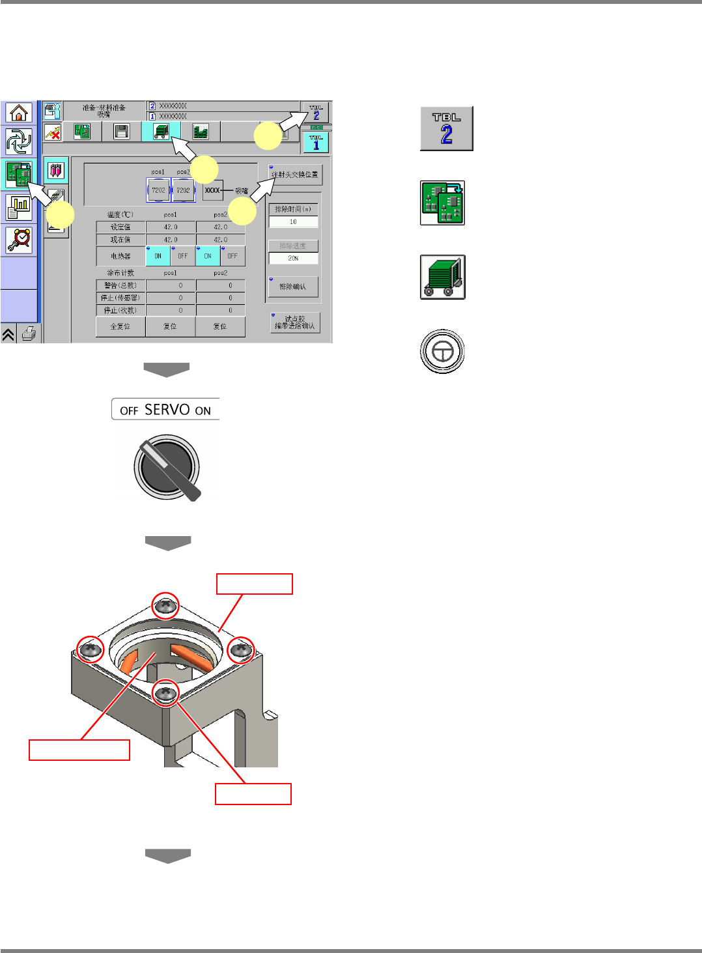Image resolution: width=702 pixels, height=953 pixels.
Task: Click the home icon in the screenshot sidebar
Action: pos(19,113)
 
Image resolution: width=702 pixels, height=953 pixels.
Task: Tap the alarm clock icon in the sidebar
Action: pos(19,240)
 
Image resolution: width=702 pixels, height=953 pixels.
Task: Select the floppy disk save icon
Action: pos(121,132)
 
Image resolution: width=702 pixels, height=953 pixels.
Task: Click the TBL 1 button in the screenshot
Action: pos(316,142)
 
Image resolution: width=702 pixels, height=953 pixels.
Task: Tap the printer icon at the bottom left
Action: pos(29,334)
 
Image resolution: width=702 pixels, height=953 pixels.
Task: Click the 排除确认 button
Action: pos(292,287)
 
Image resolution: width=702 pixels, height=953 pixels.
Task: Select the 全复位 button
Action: pos(120,326)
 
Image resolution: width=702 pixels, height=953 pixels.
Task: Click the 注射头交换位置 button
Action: pos(295,175)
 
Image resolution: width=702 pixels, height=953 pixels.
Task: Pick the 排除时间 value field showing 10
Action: pos(293,222)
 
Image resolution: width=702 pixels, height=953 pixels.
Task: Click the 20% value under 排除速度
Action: pos(293,258)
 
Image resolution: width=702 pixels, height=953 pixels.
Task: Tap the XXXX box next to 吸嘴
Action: pos(212,190)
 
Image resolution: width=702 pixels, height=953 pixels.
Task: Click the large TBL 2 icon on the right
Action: pos(446,129)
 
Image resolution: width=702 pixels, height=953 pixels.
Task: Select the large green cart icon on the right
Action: pos(443,277)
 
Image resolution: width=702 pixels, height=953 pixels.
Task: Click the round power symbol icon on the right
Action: pos(442,352)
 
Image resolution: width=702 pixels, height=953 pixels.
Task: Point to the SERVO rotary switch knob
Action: pos(167,468)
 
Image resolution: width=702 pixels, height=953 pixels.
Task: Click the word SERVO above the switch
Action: pos(167,410)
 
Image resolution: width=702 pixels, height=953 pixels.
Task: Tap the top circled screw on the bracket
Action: pos(165,606)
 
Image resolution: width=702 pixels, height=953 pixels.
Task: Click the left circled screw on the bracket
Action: pos(91,649)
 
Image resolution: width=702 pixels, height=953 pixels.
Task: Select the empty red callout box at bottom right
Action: pos(253,794)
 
